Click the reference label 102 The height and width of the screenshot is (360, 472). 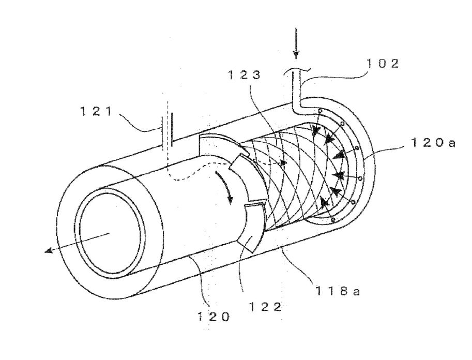382,63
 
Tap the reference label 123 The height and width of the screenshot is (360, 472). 244,74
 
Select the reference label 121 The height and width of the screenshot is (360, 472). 96,111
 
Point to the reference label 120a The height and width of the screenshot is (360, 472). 433,142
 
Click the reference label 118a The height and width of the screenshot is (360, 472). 338,291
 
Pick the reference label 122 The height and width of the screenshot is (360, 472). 265,307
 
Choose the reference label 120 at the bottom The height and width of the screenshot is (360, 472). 214,317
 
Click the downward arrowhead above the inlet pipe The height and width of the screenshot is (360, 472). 296,54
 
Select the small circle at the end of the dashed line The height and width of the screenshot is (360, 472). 282,163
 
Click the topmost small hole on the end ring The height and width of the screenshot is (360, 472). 320,111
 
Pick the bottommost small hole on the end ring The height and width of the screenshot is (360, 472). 332,220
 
